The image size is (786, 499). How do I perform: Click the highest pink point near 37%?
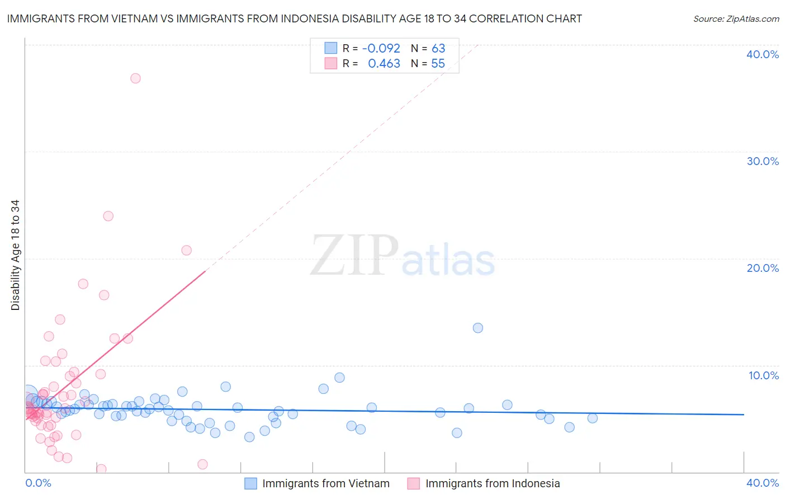pyautogui.click(x=135, y=78)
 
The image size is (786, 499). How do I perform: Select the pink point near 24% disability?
pyautogui.click(x=108, y=216)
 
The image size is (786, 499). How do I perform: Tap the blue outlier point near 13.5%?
pyautogui.click(x=478, y=328)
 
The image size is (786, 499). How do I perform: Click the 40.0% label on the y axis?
pyautogui.click(x=763, y=54)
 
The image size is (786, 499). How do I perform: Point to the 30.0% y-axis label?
pyautogui.click(x=763, y=161)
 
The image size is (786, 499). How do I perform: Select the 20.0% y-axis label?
pyautogui.click(x=763, y=268)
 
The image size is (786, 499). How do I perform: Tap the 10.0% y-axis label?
pyautogui.click(x=764, y=375)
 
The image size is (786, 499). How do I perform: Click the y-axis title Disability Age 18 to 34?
pyautogui.click(x=15, y=255)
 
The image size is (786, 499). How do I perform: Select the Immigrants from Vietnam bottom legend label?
pyautogui.click(x=326, y=484)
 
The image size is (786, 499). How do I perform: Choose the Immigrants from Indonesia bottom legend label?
pyautogui.click(x=493, y=484)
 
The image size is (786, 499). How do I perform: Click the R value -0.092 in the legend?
pyautogui.click(x=381, y=49)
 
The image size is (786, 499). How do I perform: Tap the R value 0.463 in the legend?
pyautogui.click(x=384, y=64)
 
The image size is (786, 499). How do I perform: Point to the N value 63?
pyautogui.click(x=438, y=49)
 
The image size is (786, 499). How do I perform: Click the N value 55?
pyautogui.click(x=438, y=64)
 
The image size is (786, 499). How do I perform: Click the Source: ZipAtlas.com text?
pyautogui.click(x=736, y=19)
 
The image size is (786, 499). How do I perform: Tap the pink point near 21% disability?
pyautogui.click(x=187, y=250)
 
